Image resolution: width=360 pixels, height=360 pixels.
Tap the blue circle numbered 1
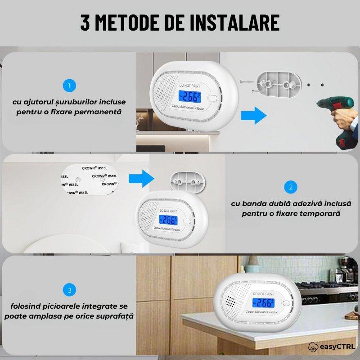(69, 85)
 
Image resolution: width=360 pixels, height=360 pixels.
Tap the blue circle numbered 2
(291, 187)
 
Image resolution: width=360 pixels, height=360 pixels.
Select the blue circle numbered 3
(69, 290)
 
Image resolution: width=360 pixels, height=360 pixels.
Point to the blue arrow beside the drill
(253, 115)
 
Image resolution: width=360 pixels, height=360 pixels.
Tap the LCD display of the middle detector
(168, 220)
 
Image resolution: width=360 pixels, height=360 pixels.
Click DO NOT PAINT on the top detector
(191, 85)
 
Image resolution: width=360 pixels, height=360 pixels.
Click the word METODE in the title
(134, 22)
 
